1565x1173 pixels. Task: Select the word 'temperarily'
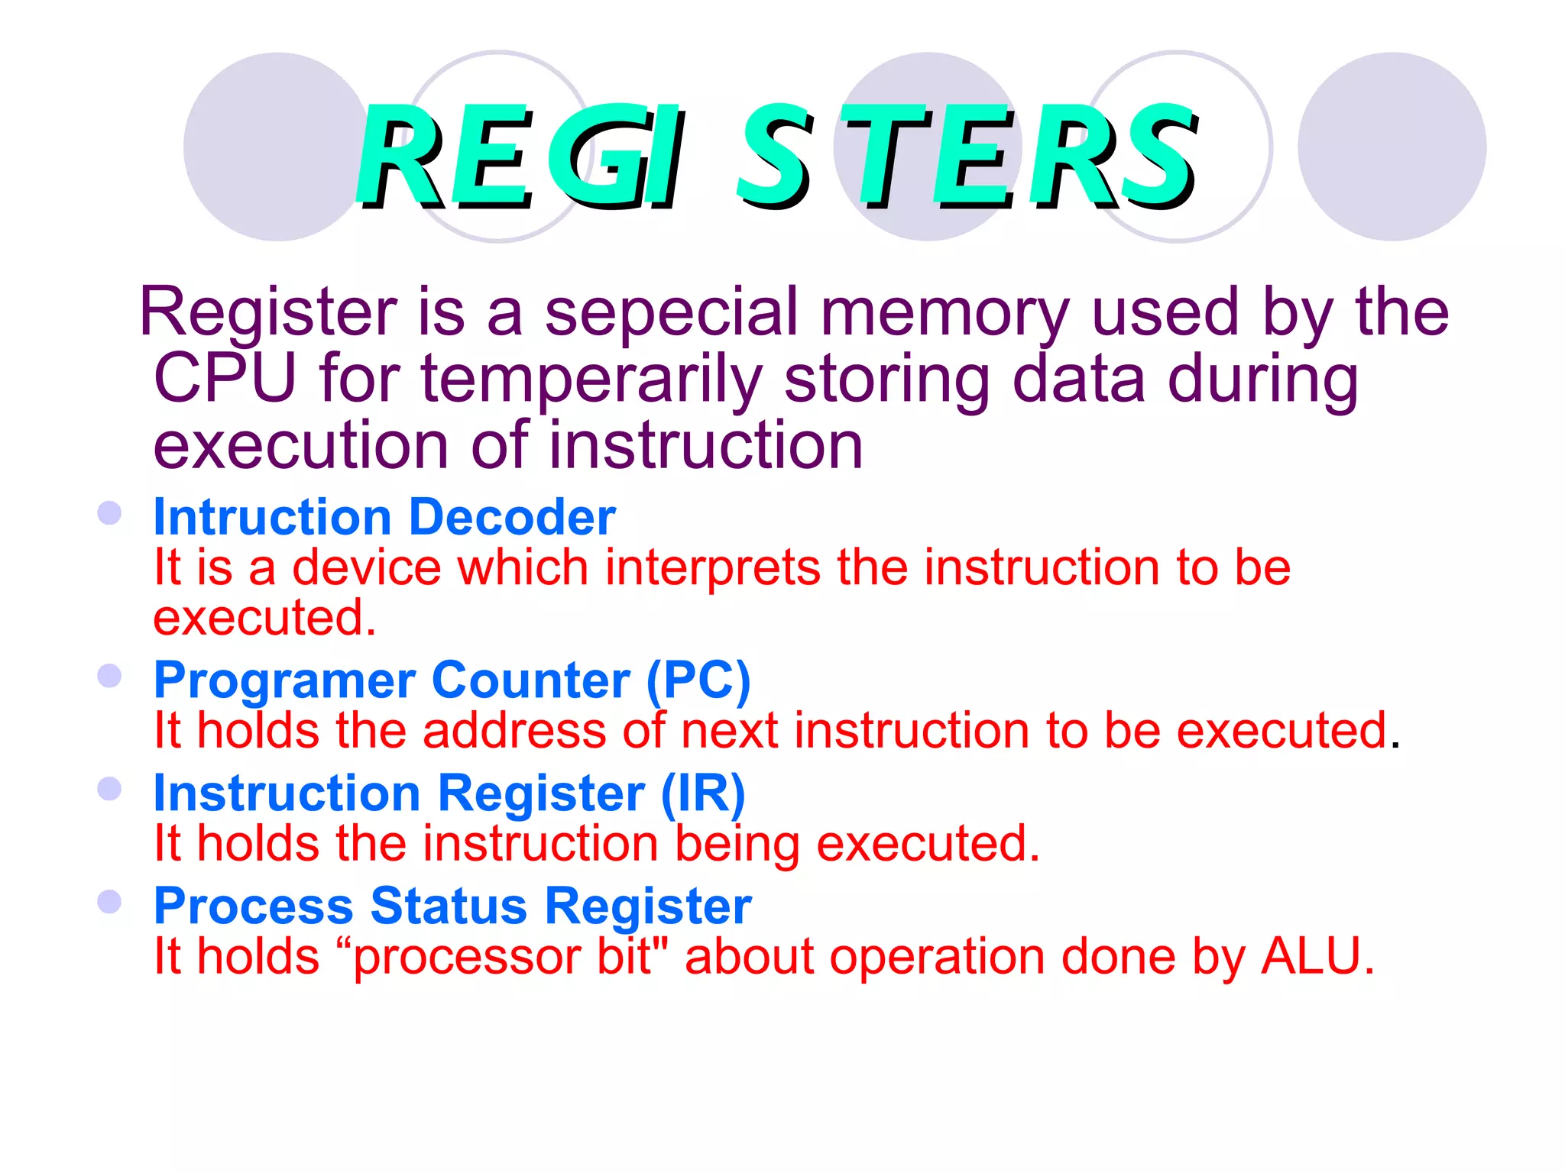(x=591, y=380)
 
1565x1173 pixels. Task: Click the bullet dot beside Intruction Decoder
(x=110, y=512)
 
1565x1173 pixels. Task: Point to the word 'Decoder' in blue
(x=512, y=517)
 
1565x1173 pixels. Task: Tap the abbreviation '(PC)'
(x=698, y=680)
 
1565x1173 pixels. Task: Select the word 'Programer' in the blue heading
(x=285, y=681)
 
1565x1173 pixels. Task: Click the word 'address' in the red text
(x=514, y=731)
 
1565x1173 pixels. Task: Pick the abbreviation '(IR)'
(x=703, y=793)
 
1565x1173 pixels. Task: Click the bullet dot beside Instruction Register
(x=110, y=789)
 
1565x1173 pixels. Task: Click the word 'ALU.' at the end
(x=1317, y=956)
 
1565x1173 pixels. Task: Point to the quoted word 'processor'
(x=466, y=958)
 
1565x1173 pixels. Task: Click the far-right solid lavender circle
(x=1392, y=147)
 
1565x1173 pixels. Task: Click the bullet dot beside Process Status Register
(x=110, y=902)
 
